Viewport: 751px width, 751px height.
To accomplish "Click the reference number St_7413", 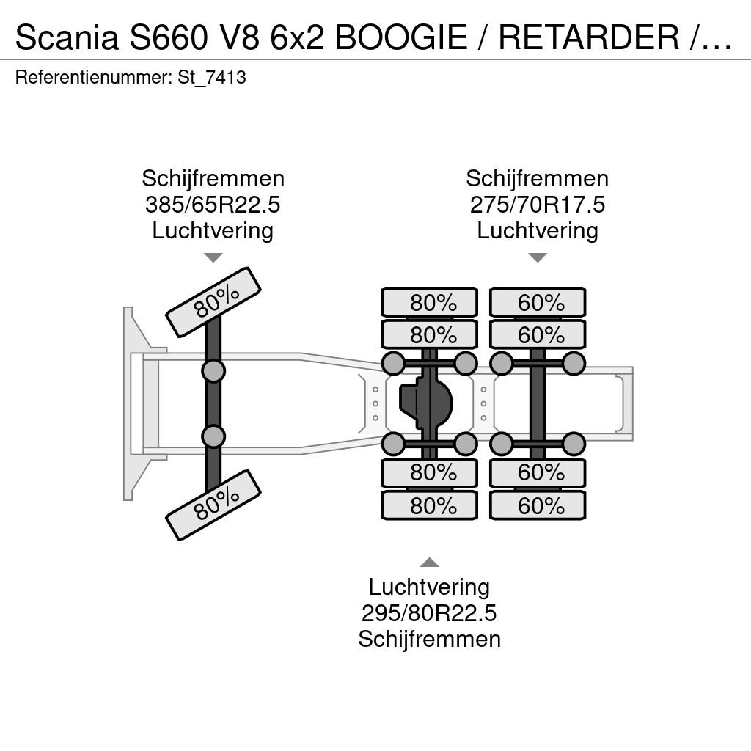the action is click(212, 77).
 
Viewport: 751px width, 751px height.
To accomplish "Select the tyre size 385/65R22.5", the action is click(213, 205).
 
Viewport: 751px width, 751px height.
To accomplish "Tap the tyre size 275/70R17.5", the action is click(538, 205).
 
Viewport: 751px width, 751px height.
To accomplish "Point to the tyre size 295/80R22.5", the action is click(429, 613).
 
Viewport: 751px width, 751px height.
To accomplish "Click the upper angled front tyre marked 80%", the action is click(213, 302).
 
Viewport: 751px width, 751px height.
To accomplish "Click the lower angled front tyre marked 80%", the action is click(213, 505).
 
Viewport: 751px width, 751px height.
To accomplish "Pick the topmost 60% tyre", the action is click(538, 303).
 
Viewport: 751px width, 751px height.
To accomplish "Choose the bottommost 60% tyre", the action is click(538, 505).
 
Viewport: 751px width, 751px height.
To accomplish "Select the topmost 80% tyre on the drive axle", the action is click(430, 303).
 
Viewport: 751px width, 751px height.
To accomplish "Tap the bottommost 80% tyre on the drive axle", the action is click(430, 505).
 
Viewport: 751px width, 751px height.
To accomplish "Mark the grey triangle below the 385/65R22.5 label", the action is click(213, 257).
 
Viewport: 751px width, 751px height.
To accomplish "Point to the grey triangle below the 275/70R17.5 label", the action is click(538, 257).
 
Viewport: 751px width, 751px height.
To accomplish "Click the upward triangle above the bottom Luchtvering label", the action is click(430, 563).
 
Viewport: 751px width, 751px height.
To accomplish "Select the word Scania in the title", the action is click(67, 37).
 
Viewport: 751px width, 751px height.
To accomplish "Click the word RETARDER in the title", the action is click(589, 37).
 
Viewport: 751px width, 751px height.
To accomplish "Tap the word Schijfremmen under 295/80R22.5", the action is click(430, 640).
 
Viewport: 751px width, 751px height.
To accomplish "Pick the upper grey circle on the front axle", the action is click(213, 370).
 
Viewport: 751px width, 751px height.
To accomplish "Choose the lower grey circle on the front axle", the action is click(213, 436).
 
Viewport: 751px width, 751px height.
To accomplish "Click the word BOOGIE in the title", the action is click(401, 37).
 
